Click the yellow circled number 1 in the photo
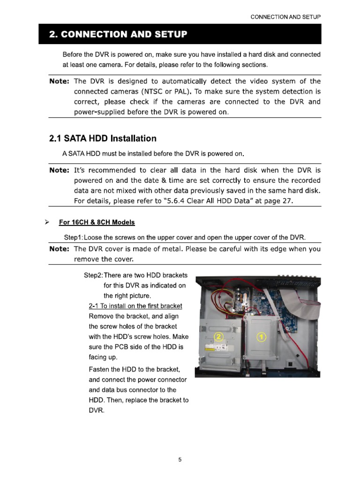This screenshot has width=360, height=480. (262, 337)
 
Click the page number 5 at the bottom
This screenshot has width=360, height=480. (180, 460)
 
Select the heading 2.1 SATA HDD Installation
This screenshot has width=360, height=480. (103, 139)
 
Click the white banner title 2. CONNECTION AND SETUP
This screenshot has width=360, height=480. (118, 34)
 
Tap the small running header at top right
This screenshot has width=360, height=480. (285, 17)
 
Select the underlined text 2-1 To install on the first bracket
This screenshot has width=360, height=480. (135, 306)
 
